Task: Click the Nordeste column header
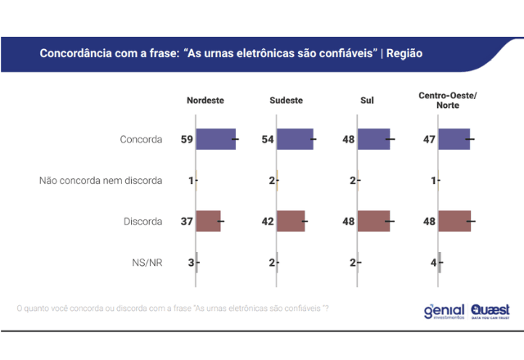coord(206,101)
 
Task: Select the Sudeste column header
coord(286,101)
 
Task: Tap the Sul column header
coord(368,101)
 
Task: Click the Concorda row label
coord(141,139)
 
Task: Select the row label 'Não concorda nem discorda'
coord(101,180)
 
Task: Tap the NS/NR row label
coord(147,262)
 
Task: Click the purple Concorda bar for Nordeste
coord(215,139)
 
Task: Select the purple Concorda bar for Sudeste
coord(295,139)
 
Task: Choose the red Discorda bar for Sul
coord(374,221)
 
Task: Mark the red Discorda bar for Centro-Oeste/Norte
coord(454,221)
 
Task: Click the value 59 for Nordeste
coord(187,139)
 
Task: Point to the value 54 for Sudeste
coord(267,139)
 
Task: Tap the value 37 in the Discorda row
coord(187,221)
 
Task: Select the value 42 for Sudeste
coord(267,221)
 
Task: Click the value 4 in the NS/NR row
coord(433,262)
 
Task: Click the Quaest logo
coord(490,311)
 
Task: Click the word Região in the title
coord(404,53)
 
